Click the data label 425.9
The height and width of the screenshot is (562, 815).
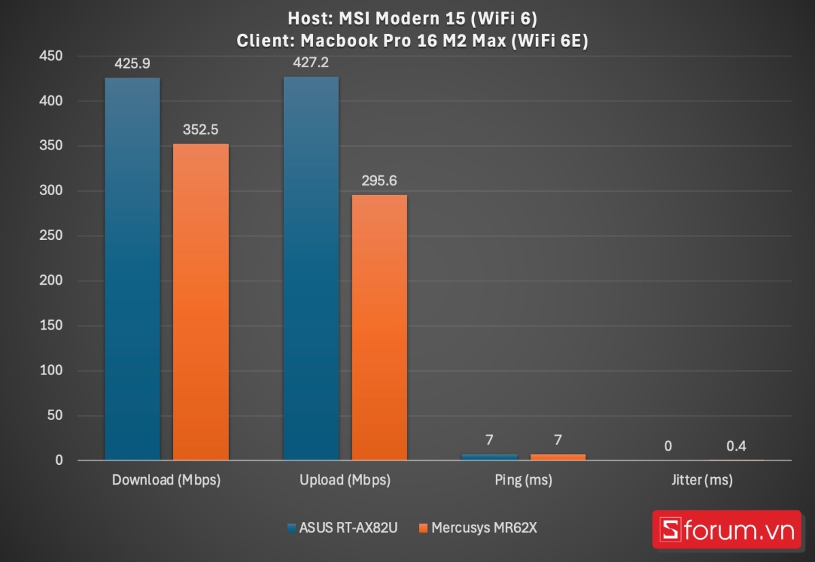[x=132, y=65]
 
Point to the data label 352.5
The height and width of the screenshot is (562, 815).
[x=201, y=130]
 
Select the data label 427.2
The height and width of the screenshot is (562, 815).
[x=311, y=63]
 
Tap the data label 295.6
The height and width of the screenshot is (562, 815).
[x=380, y=181]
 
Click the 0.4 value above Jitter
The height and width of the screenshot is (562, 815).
[x=736, y=446]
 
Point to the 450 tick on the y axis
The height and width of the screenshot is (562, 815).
[x=52, y=56]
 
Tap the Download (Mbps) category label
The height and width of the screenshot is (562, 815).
[x=166, y=480]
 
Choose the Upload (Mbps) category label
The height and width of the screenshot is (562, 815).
[x=345, y=480]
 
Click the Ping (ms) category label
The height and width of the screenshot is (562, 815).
[x=524, y=480]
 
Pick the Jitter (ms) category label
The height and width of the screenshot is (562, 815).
[x=702, y=480]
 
